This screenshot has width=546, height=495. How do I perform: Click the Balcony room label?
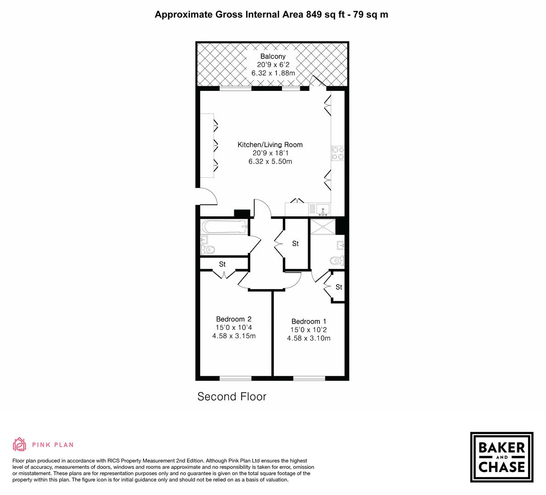click(x=273, y=56)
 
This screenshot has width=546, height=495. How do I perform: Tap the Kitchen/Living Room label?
click(x=270, y=145)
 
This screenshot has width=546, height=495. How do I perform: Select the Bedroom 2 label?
click(x=233, y=319)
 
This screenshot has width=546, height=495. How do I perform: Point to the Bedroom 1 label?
click(x=309, y=321)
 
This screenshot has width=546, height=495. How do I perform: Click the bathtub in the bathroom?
click(x=224, y=226)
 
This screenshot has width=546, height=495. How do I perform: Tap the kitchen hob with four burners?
click(x=338, y=153)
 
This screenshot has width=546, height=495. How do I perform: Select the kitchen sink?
click(x=323, y=209)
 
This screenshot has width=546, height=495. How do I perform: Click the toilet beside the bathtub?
click(x=208, y=250)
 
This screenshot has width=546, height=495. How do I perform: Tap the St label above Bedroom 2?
click(x=222, y=264)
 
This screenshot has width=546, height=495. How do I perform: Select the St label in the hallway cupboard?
click(x=295, y=243)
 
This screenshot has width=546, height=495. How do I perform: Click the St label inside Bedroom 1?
click(x=339, y=287)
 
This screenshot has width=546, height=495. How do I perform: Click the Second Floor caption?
click(x=232, y=396)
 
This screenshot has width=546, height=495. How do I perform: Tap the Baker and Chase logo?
click(x=502, y=457)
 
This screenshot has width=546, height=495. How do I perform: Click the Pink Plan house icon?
click(x=20, y=444)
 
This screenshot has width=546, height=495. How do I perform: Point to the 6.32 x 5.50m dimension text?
click(x=270, y=161)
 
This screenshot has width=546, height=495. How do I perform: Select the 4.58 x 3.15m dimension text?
click(x=233, y=336)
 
